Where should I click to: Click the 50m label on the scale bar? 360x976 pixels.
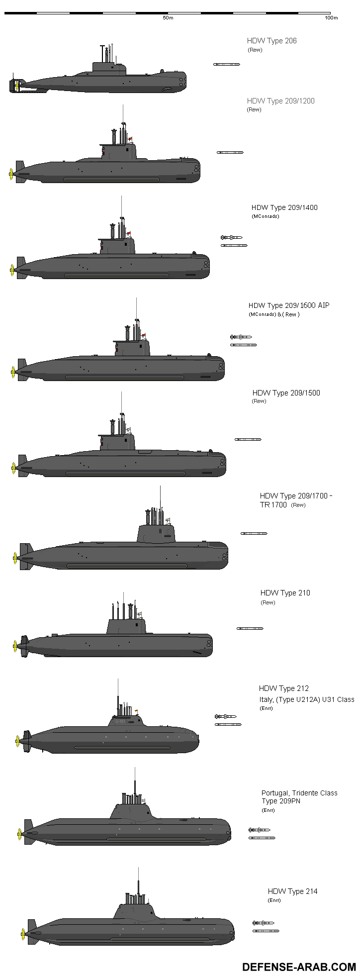pyautogui.click(x=168, y=18)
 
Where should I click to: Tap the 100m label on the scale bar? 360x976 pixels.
pyautogui.click(x=331, y=18)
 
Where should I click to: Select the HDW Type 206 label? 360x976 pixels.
pyautogui.click(x=271, y=41)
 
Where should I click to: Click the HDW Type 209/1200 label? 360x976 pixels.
pyautogui.click(x=280, y=101)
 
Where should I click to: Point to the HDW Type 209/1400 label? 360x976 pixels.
pyautogui.click(x=284, y=207)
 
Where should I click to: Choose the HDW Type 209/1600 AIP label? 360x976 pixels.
pyautogui.click(x=288, y=305)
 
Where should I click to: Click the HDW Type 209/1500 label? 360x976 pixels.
pyautogui.click(x=286, y=393)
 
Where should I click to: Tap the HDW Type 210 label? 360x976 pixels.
pyautogui.click(x=285, y=593)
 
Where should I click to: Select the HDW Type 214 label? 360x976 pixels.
pyautogui.click(x=292, y=891)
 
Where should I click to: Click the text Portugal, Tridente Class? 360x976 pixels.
pyautogui.click(x=299, y=793)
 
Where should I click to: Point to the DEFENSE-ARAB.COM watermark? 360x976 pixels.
pyautogui.click(x=299, y=967)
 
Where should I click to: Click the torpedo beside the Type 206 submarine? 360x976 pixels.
pyautogui.click(x=226, y=65)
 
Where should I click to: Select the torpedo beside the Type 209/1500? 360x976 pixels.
pyautogui.click(x=248, y=440)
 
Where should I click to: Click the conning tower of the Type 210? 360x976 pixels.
pyautogui.click(x=126, y=626)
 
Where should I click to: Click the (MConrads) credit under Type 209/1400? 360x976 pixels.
pyautogui.click(x=265, y=216)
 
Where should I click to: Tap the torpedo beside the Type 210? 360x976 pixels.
pyautogui.click(x=250, y=629)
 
